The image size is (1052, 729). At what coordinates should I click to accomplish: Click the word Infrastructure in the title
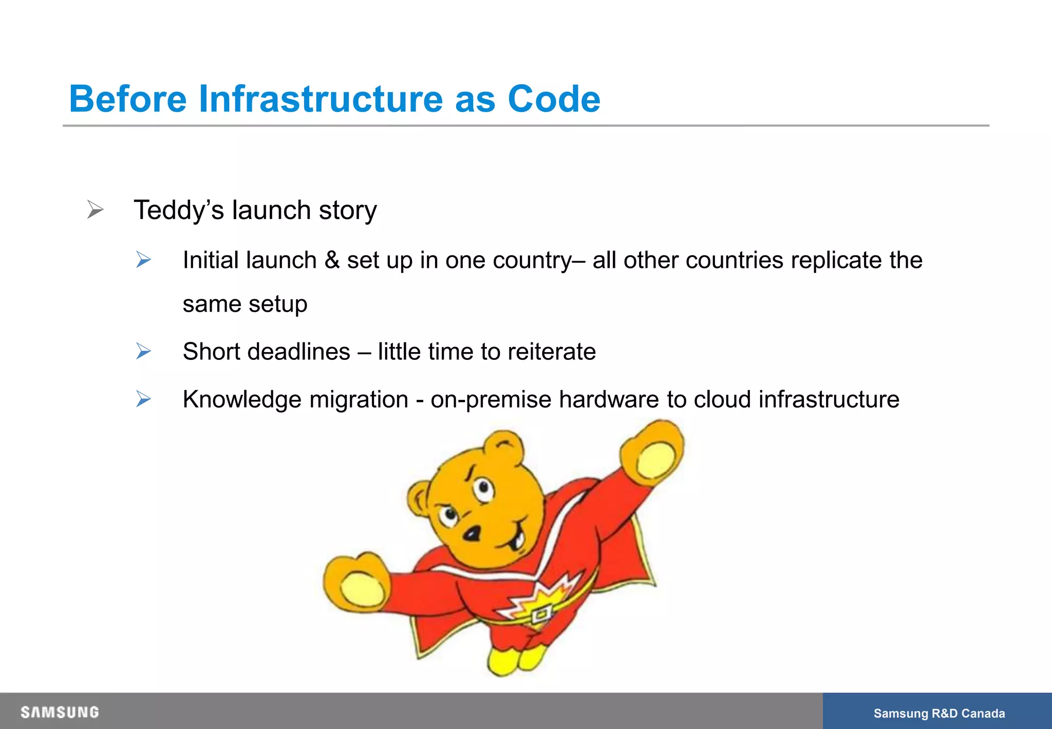[320, 99]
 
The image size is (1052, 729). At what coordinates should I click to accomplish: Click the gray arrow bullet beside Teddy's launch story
[95, 209]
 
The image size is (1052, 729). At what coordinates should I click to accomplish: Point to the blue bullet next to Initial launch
[143, 260]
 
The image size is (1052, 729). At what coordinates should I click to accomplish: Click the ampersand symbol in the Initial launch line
[332, 260]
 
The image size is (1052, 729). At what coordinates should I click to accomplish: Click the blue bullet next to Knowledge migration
[143, 399]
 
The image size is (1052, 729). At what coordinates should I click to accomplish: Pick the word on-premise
[491, 400]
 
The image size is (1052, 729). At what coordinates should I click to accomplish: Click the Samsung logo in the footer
[60, 713]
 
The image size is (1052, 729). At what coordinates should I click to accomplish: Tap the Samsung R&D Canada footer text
[939, 714]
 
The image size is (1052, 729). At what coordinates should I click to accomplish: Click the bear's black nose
[472, 534]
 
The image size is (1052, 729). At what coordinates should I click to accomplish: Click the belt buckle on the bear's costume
[541, 614]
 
